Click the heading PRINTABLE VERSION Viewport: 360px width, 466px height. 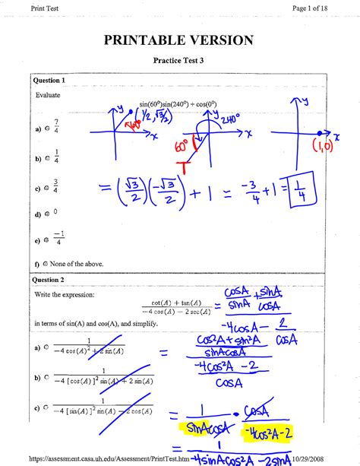[x=180, y=39]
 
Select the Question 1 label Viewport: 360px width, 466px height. [x=48, y=80]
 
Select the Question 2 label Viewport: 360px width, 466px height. [x=48, y=280]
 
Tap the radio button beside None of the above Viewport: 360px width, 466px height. [x=46, y=263]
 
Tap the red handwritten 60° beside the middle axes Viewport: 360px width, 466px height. [x=182, y=144]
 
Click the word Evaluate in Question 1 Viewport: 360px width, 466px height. [x=47, y=96]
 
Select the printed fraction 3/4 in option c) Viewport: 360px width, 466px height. [x=58, y=186]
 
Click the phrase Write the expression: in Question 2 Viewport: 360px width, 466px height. [x=65, y=294]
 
